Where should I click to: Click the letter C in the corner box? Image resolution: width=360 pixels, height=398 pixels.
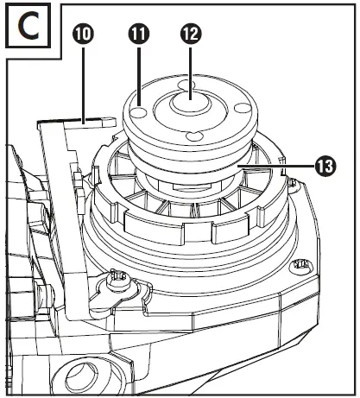tap(28, 27)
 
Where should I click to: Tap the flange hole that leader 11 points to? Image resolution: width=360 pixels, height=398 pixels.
tap(139, 111)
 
